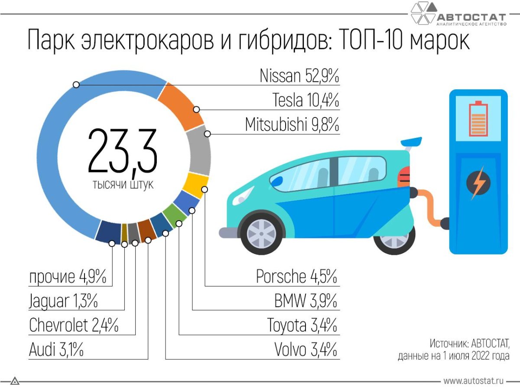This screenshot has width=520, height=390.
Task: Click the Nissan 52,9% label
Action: point(299,76)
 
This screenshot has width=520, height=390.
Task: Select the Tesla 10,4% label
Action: point(305,101)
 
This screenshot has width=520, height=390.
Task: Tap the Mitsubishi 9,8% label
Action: point(292,125)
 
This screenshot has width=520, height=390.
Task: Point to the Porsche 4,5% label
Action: point(296,276)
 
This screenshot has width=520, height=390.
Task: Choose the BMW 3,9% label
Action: point(305,301)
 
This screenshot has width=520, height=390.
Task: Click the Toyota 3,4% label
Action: point(302,325)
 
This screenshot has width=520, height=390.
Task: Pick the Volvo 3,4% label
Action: point(305,350)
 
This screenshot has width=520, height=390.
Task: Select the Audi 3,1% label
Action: point(56,350)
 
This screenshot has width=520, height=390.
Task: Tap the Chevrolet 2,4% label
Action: point(74,325)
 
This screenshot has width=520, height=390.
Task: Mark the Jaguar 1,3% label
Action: point(63,301)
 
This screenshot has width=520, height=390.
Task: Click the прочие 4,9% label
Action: point(68,276)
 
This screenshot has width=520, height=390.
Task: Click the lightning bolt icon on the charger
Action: point(478,183)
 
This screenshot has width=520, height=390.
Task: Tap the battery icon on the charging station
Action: point(478,118)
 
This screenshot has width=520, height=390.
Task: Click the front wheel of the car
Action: point(261,233)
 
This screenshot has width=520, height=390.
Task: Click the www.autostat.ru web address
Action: point(474,381)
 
